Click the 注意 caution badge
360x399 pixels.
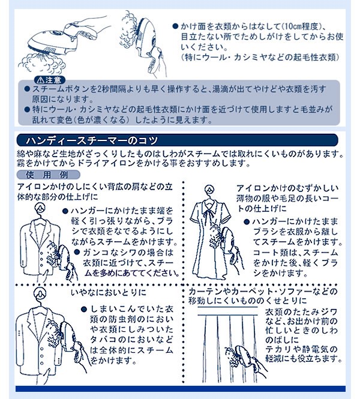coord(50,80)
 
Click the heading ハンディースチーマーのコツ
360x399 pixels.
coord(92,140)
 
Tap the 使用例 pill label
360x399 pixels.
coord(48,175)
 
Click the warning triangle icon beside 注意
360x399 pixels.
coord(41,80)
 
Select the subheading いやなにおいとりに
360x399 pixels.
coord(109,292)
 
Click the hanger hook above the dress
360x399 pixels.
coord(210,190)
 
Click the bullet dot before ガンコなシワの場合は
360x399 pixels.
coord(77,252)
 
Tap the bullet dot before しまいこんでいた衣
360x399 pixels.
coord(84,309)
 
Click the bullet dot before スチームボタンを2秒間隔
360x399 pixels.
coord(27,89)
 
